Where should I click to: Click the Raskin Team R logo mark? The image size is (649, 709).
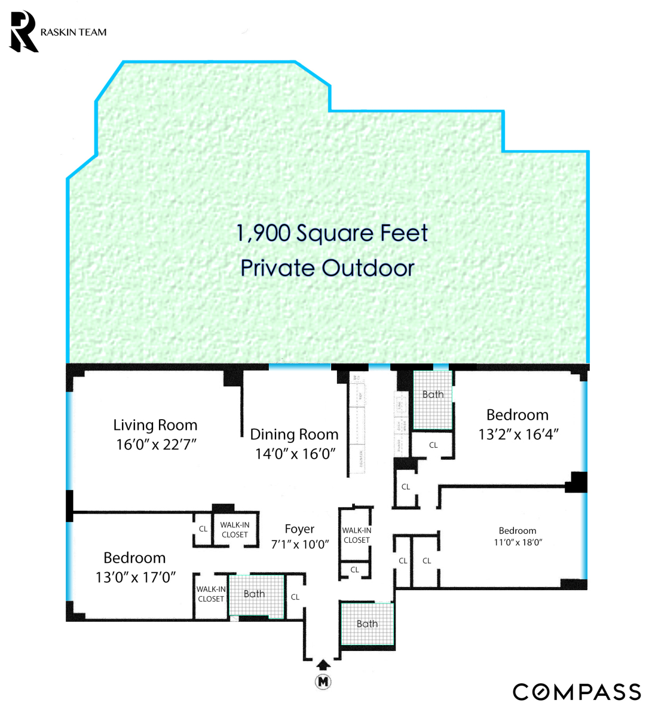click(x=24, y=32)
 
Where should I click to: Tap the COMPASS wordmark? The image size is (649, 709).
click(x=577, y=692)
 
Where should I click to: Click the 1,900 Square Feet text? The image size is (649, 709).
click(x=332, y=233)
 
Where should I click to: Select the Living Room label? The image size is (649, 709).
click(x=155, y=425)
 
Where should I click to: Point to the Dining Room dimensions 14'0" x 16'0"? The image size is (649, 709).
click(x=295, y=453)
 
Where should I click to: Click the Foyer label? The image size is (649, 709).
click(x=299, y=529)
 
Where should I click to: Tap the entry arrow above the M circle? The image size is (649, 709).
click(x=323, y=665)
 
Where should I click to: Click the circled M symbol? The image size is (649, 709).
click(x=323, y=682)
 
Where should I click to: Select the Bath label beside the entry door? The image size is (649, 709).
click(x=367, y=624)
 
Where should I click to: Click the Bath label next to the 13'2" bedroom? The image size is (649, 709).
click(x=433, y=394)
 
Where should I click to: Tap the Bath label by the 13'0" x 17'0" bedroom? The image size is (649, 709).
click(x=254, y=594)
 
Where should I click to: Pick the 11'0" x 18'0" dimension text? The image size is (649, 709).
click(x=518, y=542)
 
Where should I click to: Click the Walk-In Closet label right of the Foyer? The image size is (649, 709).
click(x=356, y=535)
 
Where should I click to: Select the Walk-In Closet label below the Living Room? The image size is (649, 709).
click(x=234, y=530)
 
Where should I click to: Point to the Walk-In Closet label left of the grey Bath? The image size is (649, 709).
click(x=211, y=594)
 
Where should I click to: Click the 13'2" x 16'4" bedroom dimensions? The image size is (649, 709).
click(x=519, y=434)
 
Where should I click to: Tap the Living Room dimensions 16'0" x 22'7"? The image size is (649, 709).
click(x=156, y=445)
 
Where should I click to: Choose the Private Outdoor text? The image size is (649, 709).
click(x=327, y=268)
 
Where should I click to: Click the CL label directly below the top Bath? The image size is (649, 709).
click(x=433, y=445)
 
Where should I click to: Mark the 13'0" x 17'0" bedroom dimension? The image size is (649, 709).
click(x=136, y=578)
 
